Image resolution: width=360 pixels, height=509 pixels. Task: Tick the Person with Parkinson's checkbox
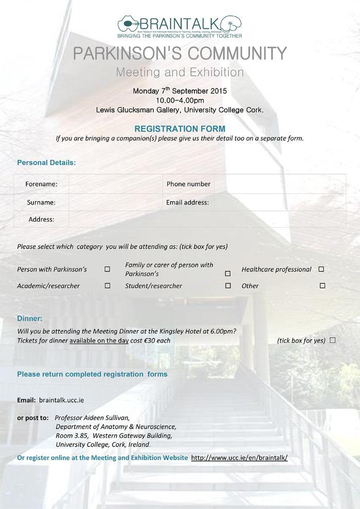tap(107, 269)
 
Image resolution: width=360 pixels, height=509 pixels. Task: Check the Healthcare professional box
tap(321, 269)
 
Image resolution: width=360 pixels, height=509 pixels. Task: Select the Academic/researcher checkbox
tap(107, 285)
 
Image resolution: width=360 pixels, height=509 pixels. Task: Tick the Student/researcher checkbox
tap(228, 285)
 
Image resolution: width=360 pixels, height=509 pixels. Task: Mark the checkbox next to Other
tap(322, 285)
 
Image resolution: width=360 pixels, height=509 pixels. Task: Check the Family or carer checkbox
tap(228, 274)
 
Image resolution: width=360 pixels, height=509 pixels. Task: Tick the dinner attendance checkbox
tap(332, 340)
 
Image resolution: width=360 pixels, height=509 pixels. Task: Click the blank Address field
tap(206, 219)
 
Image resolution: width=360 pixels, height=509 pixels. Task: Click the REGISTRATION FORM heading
tap(179, 129)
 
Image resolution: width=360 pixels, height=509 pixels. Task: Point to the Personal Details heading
tap(46, 162)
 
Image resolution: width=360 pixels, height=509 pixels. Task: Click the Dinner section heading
tap(30, 318)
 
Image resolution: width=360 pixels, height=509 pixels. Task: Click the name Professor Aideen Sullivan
tap(92, 417)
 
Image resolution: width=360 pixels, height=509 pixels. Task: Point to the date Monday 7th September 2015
tap(179, 91)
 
